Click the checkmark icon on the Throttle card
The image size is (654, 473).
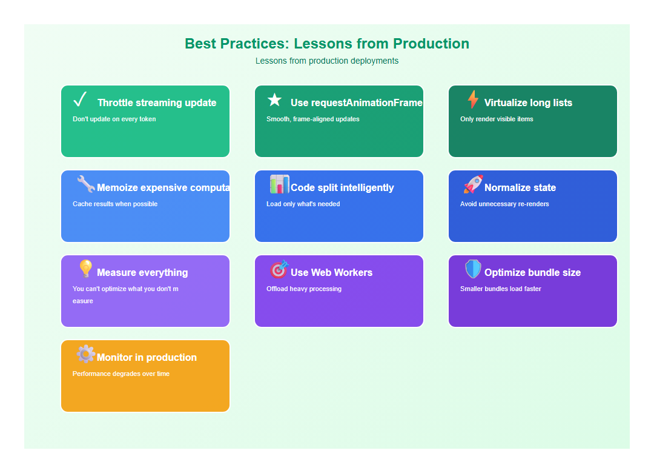[x=80, y=99]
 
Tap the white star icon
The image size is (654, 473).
[x=275, y=100]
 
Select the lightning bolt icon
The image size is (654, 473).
[x=473, y=99]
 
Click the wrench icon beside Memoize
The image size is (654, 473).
[x=86, y=184]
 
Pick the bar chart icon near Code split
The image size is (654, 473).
[x=279, y=184]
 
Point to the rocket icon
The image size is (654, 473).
[x=473, y=184]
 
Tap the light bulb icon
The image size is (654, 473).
[x=85, y=269]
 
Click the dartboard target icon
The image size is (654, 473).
[x=279, y=269]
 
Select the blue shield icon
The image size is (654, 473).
[x=473, y=269]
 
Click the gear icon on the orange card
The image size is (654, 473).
[x=85, y=354]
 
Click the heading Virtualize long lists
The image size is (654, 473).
[x=528, y=103]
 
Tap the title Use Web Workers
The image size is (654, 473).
[x=331, y=273]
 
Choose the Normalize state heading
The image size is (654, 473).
[x=520, y=188]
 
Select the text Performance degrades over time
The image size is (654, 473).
[x=121, y=374]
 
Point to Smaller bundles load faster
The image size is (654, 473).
[x=500, y=289]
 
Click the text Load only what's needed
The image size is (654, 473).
[x=303, y=204]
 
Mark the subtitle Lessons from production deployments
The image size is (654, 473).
[x=327, y=61]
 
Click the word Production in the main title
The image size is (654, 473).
[x=431, y=44]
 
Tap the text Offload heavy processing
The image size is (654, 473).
[x=304, y=289]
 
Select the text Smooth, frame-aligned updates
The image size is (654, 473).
[x=312, y=119]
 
